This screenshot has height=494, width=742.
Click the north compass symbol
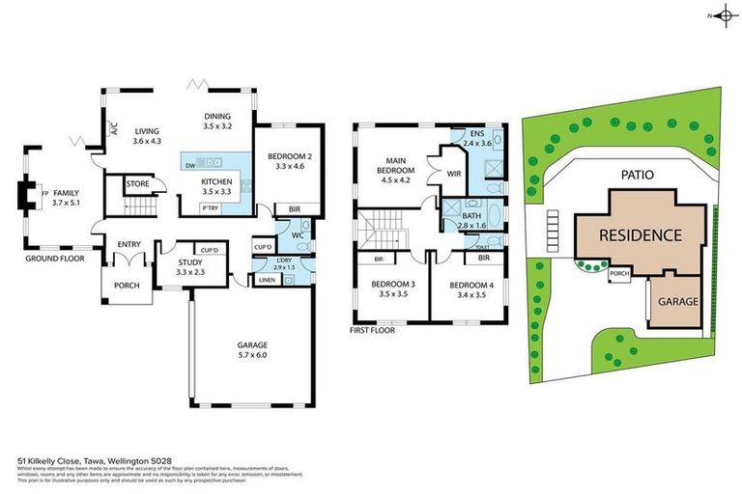coord(721,16)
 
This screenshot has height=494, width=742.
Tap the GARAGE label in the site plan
coord(677,302)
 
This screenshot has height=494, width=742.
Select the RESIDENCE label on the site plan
coord(639,234)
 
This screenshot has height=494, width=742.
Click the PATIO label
coord(632,175)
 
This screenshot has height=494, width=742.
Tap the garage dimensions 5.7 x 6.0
coord(252,355)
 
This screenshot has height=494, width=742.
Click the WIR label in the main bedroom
coord(453,175)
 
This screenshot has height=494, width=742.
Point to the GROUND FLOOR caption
coord(55,259)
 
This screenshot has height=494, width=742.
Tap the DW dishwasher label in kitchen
coord(190,164)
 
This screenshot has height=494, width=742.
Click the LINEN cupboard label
coord(266,280)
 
